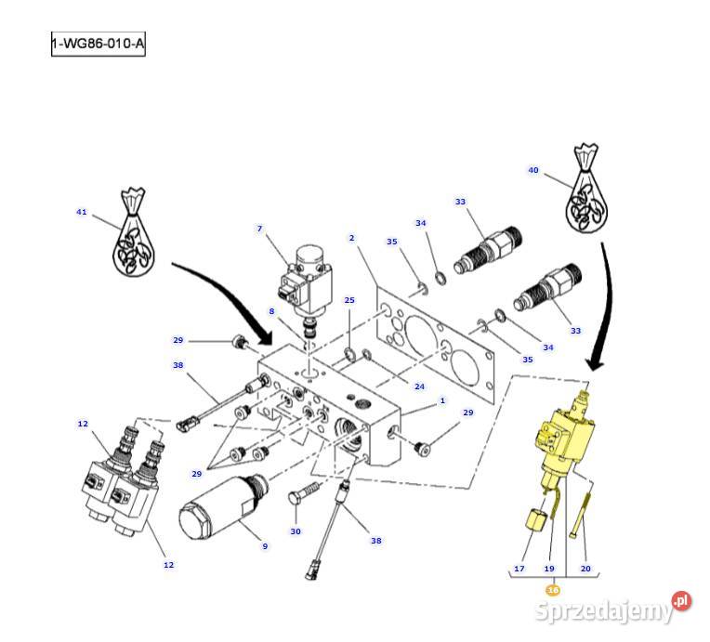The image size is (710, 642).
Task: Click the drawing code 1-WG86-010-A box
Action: tap(99, 44)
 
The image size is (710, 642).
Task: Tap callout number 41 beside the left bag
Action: tap(82, 212)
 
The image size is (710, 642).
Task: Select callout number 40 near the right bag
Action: tap(533, 170)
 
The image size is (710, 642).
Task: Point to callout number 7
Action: tap(259, 229)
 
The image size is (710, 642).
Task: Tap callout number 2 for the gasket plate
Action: tap(352, 238)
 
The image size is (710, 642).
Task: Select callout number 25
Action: tap(349, 300)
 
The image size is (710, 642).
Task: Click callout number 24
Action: tap(420, 387)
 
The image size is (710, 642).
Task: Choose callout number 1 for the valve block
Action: tap(442, 400)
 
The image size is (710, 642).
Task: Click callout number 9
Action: tap(265, 546)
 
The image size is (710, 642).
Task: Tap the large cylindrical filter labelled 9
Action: tap(224, 506)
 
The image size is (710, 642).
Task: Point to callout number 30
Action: tap(296, 531)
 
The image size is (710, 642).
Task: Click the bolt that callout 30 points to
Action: tap(304, 492)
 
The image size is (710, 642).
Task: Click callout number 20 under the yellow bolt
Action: tap(585, 569)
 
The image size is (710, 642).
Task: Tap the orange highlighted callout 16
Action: tap(553, 590)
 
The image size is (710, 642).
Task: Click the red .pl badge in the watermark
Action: tap(681, 601)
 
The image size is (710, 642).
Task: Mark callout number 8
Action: tap(271, 311)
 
